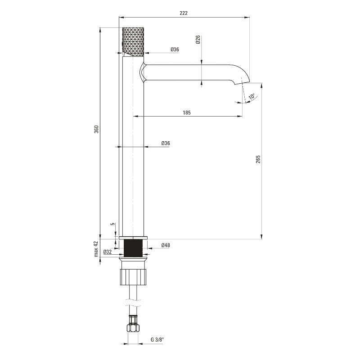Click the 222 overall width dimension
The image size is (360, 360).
click(184, 13)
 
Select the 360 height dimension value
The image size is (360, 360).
click(97, 129)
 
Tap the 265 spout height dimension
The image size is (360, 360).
click(258, 159)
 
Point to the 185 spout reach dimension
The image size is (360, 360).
click(187, 112)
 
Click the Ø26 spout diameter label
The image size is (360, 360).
click(198, 40)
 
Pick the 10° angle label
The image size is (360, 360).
click(252, 96)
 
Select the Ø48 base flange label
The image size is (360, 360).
click(166, 245)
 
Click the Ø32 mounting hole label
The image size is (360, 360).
click(108, 252)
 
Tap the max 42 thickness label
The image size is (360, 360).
click(96, 249)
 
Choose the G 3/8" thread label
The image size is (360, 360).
click(157, 340)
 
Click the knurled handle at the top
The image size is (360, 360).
click(133, 41)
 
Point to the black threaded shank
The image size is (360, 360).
click(133, 248)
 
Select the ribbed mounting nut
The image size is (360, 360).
click(133, 277)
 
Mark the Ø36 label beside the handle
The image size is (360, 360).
click(175, 49)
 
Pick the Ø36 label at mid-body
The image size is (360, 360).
click(166, 143)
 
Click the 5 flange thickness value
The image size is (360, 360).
click(113, 224)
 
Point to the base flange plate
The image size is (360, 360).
click(133, 238)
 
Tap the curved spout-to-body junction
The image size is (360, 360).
click(142, 72)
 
